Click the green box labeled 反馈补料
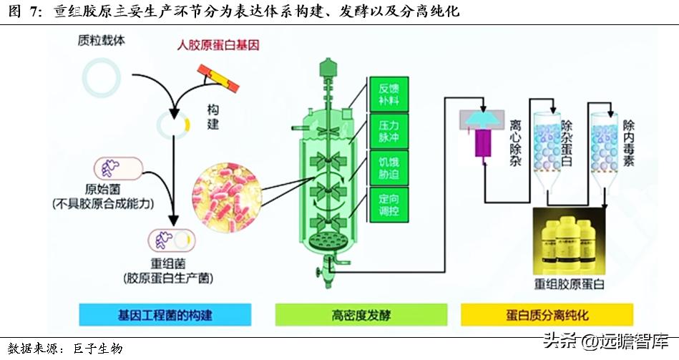pos(389,93)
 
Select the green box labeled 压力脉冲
pos(389,131)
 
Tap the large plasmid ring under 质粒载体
pos(100,78)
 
